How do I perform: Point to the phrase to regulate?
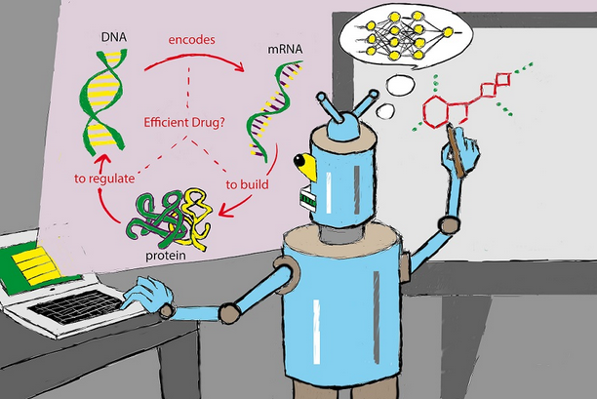click(104, 178)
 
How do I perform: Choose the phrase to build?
click(246, 182)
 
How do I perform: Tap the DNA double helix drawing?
click(100, 99)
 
